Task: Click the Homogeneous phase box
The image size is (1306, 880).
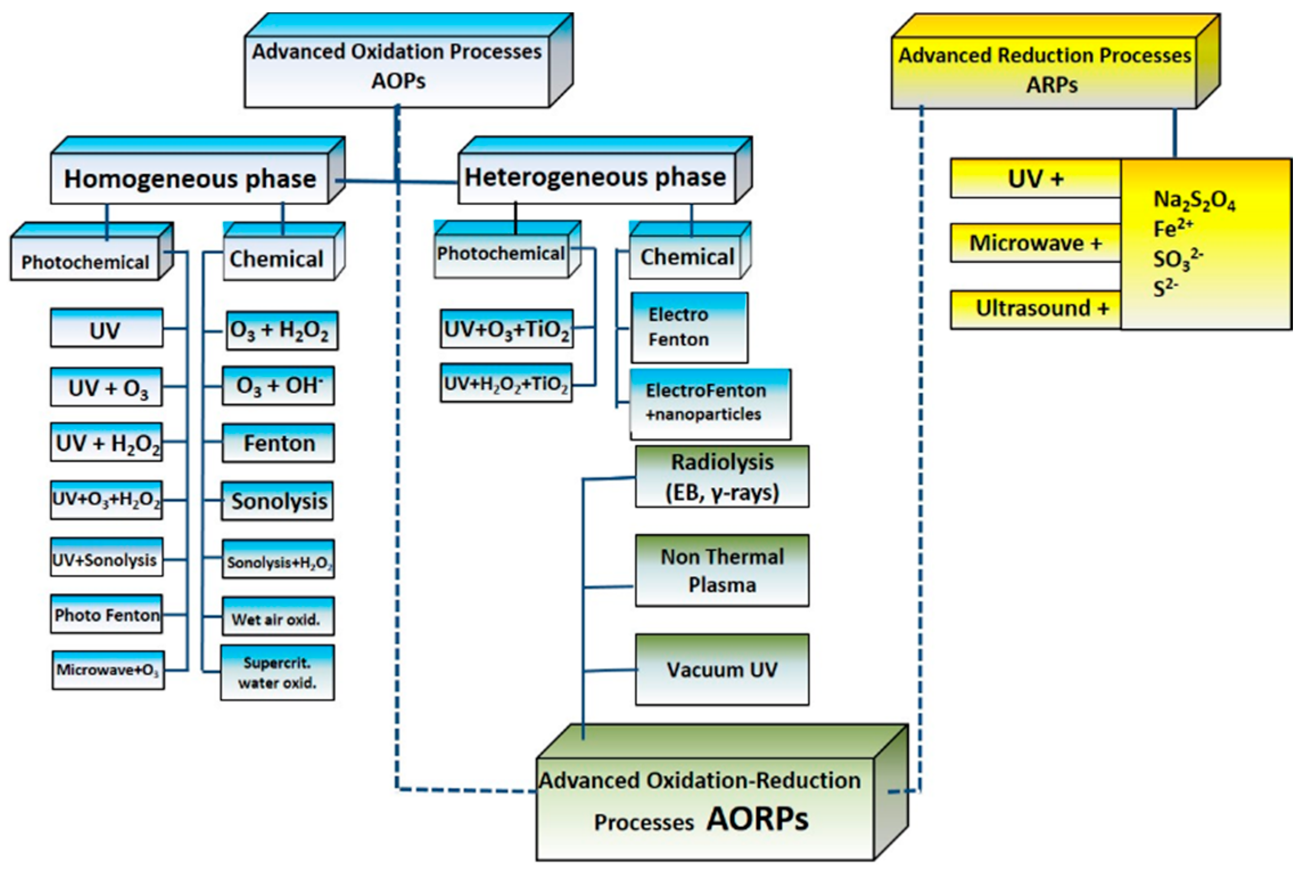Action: (189, 179)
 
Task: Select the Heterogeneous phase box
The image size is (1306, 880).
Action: (595, 178)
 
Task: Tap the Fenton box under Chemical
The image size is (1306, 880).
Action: (278, 443)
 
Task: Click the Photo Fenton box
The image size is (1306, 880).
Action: (106, 615)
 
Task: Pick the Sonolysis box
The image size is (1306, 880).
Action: (278, 501)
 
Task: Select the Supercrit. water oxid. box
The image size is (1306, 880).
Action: (277, 673)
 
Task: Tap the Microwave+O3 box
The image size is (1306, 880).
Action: (108, 670)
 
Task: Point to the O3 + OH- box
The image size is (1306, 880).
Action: (278, 386)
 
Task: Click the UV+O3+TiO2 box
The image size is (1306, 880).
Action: (506, 330)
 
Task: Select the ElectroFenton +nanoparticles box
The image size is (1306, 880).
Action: (709, 403)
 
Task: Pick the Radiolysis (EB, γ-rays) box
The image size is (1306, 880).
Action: (722, 477)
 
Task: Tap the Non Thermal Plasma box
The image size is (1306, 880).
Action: (722, 570)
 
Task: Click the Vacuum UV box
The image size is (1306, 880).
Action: (722, 669)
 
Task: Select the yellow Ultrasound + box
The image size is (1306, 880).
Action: (1036, 309)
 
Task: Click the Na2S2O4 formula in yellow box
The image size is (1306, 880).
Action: (1193, 200)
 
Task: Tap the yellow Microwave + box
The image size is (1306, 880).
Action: (1036, 244)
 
